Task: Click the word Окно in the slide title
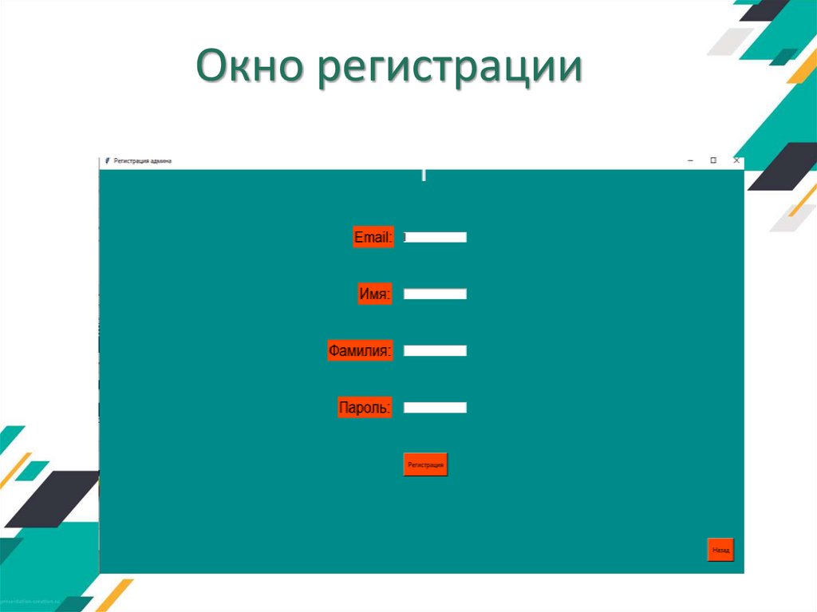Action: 250,68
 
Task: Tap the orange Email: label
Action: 373,237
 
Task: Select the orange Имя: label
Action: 374,294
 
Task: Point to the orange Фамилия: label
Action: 360,350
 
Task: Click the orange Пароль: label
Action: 365,408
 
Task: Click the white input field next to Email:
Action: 435,237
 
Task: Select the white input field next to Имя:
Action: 435,294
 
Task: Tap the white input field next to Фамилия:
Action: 435,350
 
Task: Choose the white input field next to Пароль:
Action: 435,408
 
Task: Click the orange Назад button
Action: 720,550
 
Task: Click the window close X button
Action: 736,160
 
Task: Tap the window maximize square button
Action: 713,160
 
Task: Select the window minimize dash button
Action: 689,160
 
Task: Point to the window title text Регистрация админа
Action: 143,161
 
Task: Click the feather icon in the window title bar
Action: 107,161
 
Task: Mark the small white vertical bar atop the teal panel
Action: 424,175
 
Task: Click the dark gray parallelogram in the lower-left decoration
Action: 52,499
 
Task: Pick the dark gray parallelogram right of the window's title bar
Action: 782,166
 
